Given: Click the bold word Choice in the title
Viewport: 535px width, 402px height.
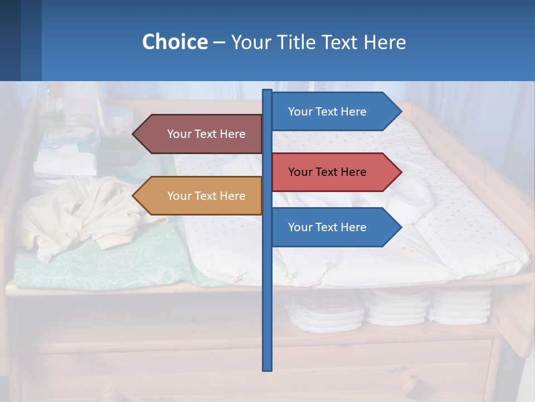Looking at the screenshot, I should coord(174,42).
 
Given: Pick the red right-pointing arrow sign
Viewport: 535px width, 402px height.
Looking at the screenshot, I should coord(334,172).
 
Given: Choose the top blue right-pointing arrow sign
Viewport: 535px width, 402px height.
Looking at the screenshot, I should coord(334,112).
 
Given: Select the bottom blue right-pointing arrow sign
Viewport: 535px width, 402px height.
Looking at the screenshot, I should coord(334,227).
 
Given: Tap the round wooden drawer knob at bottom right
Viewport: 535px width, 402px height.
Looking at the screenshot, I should coord(411,384).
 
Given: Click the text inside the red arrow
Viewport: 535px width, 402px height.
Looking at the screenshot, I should coord(327,172).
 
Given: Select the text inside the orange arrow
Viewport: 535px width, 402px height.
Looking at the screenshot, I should coord(206,196).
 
